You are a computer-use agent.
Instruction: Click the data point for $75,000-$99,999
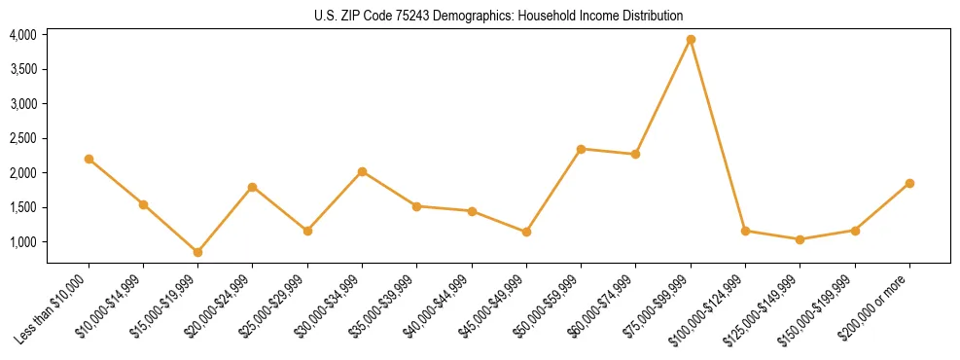tap(691, 40)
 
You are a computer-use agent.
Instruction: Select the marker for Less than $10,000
tap(89, 159)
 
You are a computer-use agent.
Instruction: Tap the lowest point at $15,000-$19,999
tap(198, 252)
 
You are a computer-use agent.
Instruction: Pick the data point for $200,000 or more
tap(909, 183)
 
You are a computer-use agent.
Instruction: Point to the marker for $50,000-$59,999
tap(581, 149)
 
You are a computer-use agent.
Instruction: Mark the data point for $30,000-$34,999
tap(362, 171)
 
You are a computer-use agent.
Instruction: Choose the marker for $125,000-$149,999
tap(800, 239)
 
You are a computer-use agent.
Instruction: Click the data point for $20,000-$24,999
tap(253, 187)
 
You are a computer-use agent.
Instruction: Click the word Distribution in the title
tap(657, 17)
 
